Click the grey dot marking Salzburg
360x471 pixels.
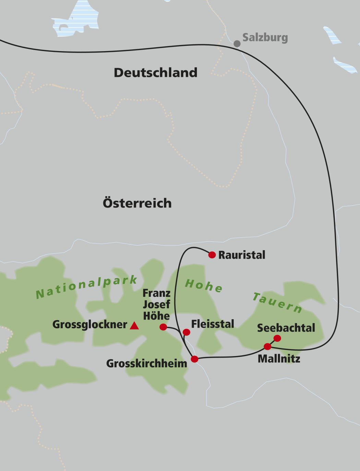[237, 44]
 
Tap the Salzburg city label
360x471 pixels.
[265, 37]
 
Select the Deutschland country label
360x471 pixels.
[155, 73]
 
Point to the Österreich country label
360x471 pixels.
[137, 203]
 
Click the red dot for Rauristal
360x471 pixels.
[212, 255]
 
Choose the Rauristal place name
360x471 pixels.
[242, 255]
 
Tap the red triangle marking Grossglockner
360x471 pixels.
[134, 326]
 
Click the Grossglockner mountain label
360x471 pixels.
[89, 325]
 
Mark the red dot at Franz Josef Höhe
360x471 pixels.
[163, 327]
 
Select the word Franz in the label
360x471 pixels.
[156, 294]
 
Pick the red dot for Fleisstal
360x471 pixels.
[186, 332]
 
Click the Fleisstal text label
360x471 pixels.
[213, 324]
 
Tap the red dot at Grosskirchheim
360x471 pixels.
[194, 359]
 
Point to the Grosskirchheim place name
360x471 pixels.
[146, 364]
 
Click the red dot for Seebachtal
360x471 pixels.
[277, 339]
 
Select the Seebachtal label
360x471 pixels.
[286, 328]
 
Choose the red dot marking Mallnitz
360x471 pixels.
[267, 347]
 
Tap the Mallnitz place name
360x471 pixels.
[279, 359]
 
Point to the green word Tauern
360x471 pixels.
[278, 303]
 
